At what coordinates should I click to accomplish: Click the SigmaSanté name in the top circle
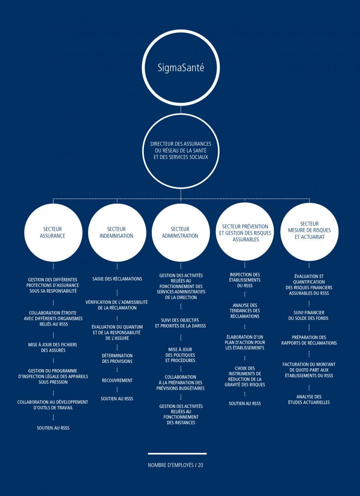point(181,67)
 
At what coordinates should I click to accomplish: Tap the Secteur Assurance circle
point(53,232)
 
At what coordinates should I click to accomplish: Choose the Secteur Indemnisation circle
point(117,232)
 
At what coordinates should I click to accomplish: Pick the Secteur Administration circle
point(181,232)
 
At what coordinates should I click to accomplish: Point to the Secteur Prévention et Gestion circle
point(245,231)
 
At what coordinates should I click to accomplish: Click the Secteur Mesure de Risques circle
point(309,231)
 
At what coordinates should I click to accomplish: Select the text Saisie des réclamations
point(117,279)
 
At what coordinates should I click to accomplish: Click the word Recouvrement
point(117,380)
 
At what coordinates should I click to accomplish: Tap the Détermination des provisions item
point(117,358)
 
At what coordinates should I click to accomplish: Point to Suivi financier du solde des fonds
point(309,315)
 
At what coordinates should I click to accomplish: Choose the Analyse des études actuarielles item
point(309,399)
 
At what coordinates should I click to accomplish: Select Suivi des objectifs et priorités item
point(181,323)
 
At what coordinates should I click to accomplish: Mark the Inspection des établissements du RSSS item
point(245,280)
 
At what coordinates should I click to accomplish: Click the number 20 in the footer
point(200,465)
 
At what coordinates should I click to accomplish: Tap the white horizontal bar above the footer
point(177,454)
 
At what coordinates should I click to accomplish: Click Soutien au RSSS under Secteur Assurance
point(53,428)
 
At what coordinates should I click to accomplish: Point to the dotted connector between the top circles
point(181,110)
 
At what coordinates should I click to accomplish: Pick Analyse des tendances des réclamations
point(245,311)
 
